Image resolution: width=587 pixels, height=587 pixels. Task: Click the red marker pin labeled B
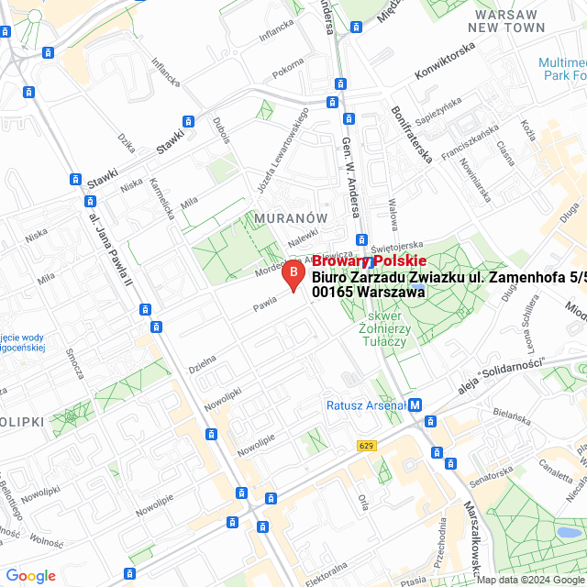tap(293, 274)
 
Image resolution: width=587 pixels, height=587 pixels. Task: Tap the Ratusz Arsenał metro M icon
tap(415, 404)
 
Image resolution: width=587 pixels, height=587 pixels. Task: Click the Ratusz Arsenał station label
tap(366, 405)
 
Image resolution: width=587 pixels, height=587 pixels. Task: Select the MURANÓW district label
tap(291, 218)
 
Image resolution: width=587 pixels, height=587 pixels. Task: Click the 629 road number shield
tap(367, 445)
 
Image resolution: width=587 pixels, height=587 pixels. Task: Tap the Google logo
tap(30, 575)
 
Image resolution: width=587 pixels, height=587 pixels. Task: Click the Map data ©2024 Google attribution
tap(530, 580)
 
